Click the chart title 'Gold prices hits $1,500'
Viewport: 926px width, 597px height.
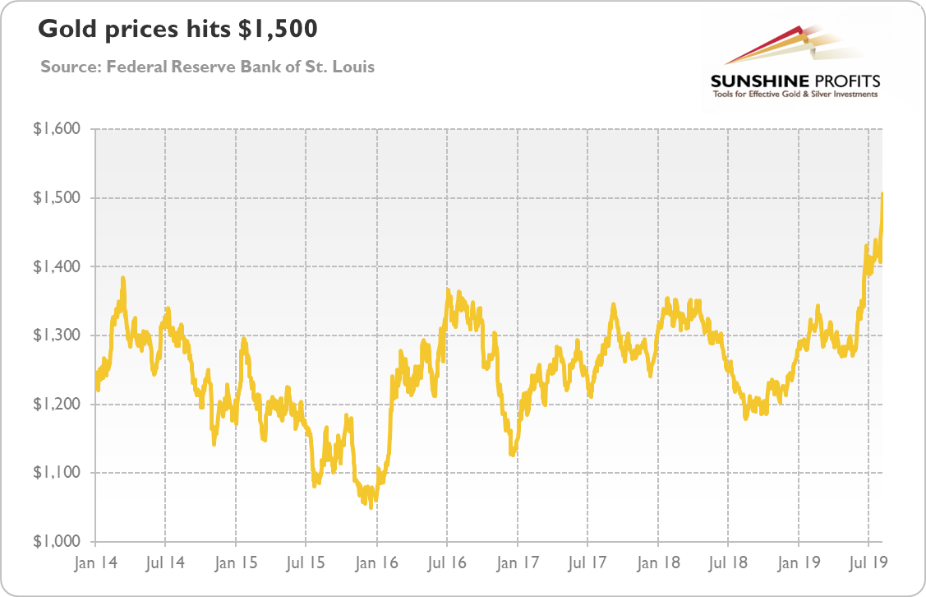click(x=177, y=30)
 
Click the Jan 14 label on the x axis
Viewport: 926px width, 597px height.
click(x=95, y=564)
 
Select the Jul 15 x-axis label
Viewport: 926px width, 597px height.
click(x=306, y=564)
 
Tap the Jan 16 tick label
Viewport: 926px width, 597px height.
click(x=376, y=564)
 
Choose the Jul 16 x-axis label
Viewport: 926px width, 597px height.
click(x=447, y=564)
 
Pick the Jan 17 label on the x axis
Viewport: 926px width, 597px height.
click(x=518, y=564)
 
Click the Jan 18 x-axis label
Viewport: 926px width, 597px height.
click(x=658, y=564)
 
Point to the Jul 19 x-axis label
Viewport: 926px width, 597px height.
click(x=869, y=564)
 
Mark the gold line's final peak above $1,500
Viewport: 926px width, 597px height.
click(x=882, y=194)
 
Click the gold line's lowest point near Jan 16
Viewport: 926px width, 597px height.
click(x=371, y=507)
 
